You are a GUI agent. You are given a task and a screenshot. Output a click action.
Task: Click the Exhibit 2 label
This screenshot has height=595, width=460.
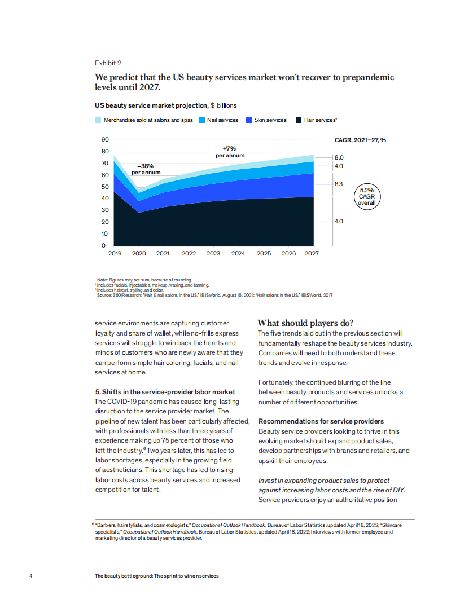coord(107,63)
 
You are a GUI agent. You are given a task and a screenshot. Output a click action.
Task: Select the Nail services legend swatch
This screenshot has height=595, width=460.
coord(201,120)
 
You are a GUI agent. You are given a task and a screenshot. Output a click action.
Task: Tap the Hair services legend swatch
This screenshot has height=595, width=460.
coord(299,120)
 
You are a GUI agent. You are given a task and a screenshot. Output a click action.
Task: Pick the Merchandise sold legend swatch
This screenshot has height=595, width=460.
coord(98,120)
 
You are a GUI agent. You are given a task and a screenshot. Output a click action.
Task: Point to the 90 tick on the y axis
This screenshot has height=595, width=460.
coord(104,140)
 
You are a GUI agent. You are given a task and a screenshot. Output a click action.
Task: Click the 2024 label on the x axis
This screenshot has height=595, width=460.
coord(238,254)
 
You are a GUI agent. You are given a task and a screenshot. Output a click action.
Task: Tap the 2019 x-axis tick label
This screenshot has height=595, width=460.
coord(115,254)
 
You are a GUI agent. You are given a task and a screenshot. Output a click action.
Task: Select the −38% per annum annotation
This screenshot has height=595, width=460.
coord(146,169)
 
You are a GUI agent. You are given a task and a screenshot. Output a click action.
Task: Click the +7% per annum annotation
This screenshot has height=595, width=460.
coord(230,152)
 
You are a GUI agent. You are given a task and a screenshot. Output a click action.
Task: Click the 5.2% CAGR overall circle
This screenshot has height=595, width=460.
coord(366,197)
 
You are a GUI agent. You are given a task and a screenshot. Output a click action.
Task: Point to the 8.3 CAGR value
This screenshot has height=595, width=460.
coord(339,184)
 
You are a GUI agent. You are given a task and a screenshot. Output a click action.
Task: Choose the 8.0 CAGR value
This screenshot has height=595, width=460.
coord(339,157)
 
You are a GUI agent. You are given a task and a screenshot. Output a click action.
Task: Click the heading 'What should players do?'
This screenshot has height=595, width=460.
coord(305,323)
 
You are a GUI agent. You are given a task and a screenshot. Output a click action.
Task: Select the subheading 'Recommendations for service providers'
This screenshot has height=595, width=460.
coord(321,421)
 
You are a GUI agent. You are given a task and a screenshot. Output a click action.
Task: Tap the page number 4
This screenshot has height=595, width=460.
coord(30,576)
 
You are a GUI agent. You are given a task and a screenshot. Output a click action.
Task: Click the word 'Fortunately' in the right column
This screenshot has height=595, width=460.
coord(277,382)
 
